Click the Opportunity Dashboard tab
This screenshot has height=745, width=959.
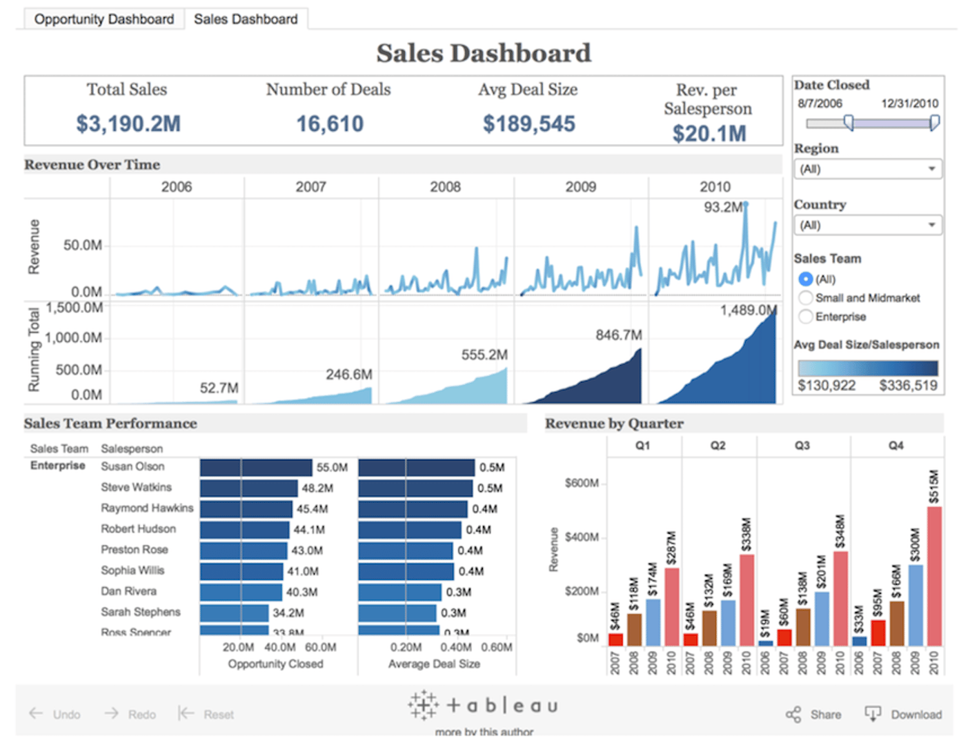tap(104, 19)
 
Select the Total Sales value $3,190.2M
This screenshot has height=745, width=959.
tap(128, 124)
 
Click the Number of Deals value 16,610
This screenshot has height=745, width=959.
tap(330, 124)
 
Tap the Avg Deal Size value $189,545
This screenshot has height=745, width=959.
tap(528, 124)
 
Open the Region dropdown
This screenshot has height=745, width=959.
tap(867, 169)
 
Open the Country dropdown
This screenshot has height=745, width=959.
tap(867, 226)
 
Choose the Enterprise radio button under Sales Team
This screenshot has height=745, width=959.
tap(805, 317)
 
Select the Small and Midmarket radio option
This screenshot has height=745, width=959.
tap(805, 298)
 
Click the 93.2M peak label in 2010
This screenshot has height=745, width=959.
tap(722, 208)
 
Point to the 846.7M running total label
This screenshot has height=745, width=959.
tap(618, 335)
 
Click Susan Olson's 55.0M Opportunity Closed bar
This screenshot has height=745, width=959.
tap(256, 468)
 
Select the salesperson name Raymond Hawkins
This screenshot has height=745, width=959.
tap(147, 508)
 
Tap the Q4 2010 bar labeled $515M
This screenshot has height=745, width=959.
tap(934, 576)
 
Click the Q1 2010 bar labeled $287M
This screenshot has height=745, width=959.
tap(671, 607)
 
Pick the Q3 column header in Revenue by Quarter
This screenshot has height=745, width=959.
tap(802, 446)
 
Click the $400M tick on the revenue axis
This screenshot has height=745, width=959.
tap(582, 537)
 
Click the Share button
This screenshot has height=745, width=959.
tap(814, 715)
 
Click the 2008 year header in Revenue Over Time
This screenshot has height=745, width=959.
tap(445, 187)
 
